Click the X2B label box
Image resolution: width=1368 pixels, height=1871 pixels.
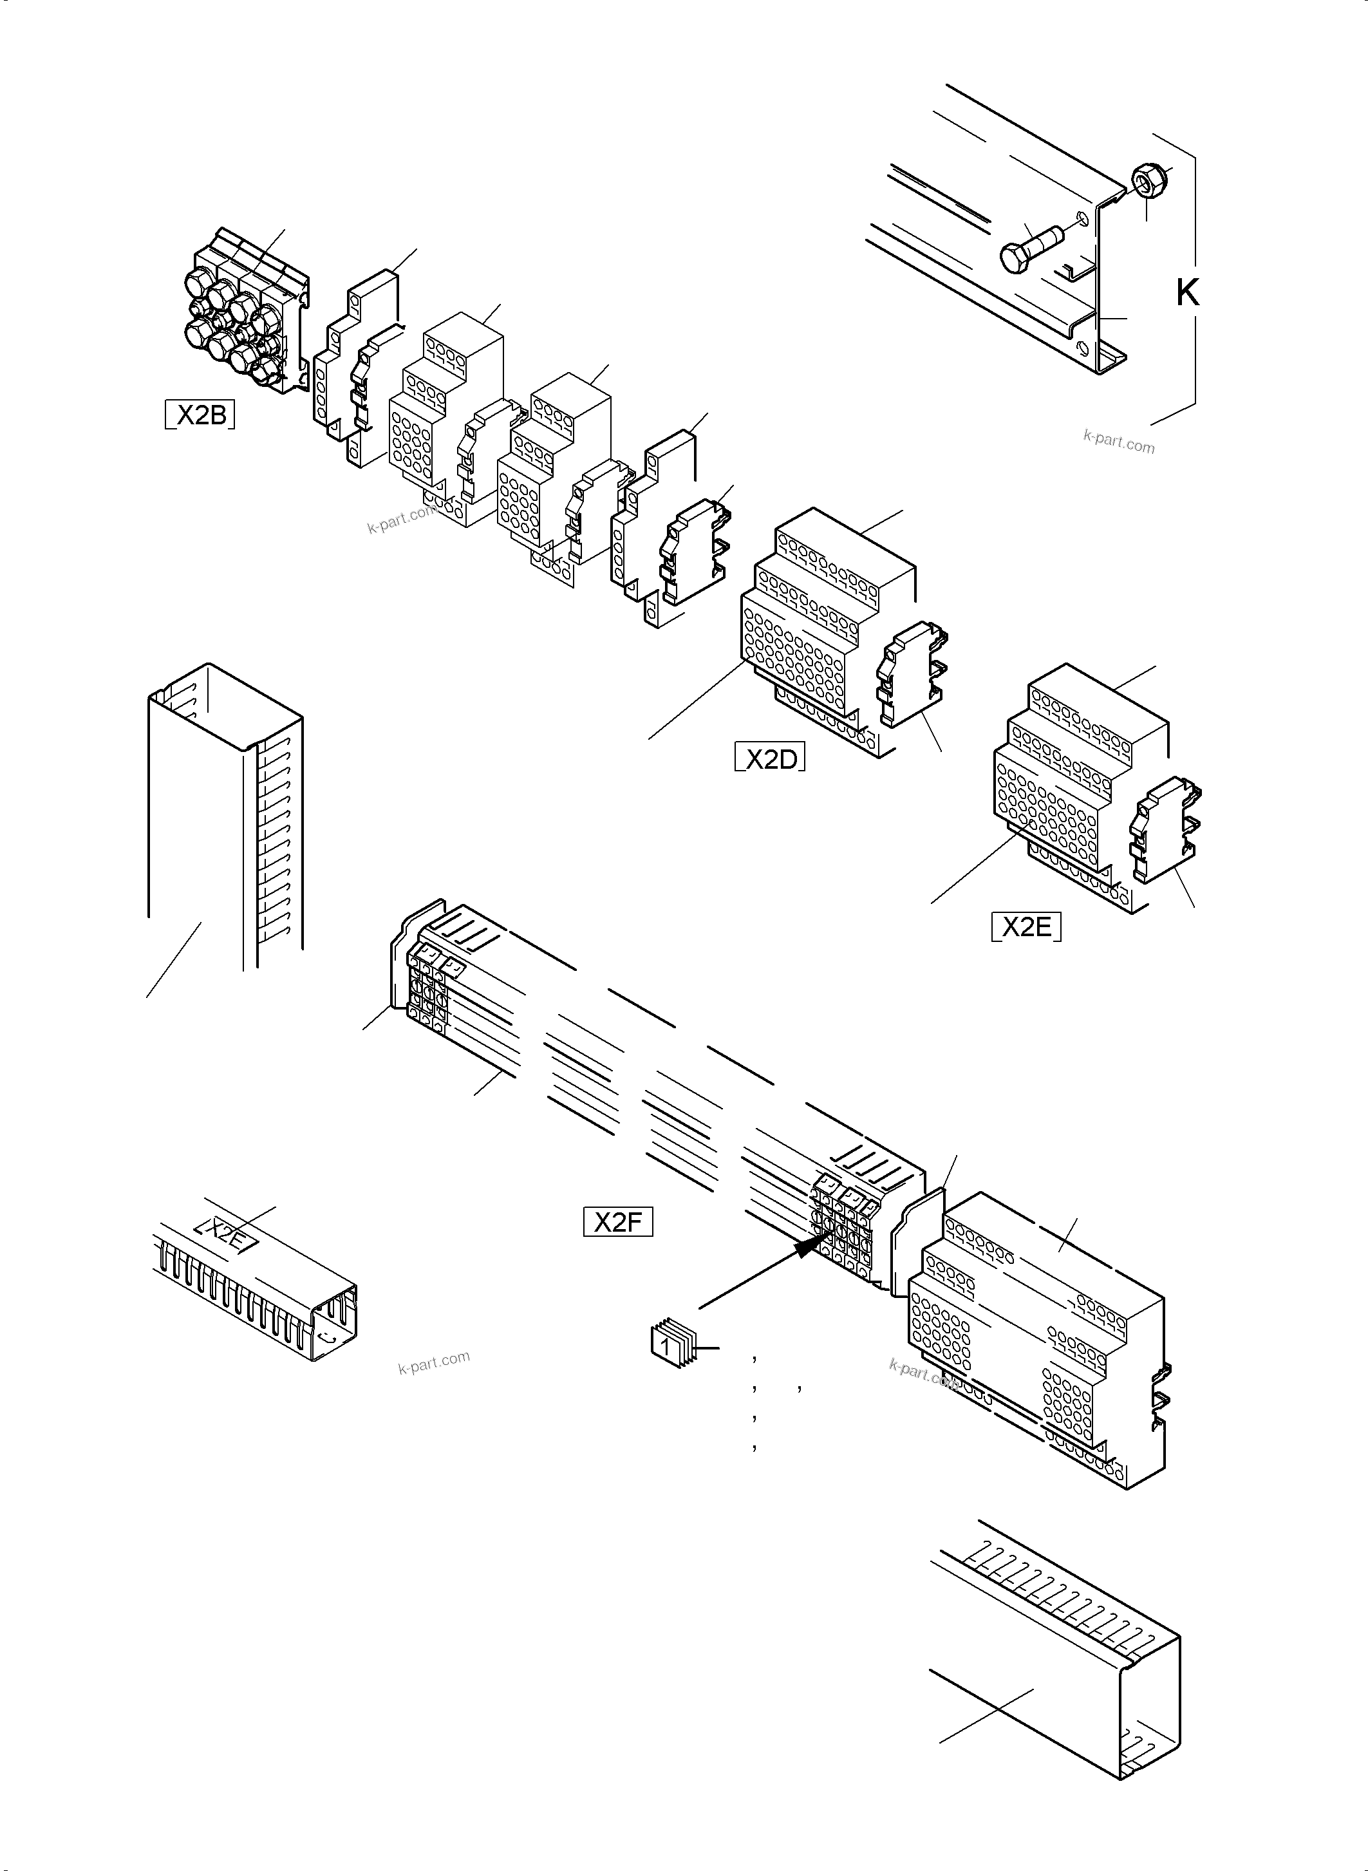(200, 413)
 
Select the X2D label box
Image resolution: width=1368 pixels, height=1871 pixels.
(770, 758)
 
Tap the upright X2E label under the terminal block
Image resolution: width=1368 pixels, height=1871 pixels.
(1026, 926)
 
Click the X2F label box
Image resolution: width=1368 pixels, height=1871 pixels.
(618, 1221)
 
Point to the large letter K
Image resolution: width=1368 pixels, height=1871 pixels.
(1188, 292)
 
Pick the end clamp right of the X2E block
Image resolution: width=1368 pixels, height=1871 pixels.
(1166, 828)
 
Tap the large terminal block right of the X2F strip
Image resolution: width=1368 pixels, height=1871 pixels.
(1035, 1341)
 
